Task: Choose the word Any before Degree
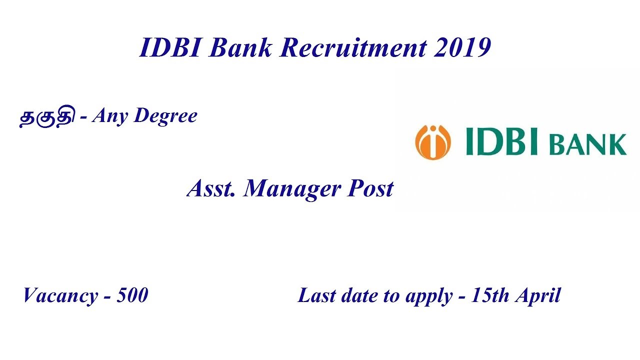tap(110, 116)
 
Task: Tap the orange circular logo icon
tap(432, 142)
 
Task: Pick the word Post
tap(370, 189)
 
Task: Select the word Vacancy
tap(59, 296)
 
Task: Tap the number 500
tap(132, 295)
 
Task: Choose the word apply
tap(424, 296)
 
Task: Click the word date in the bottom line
tap(359, 295)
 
